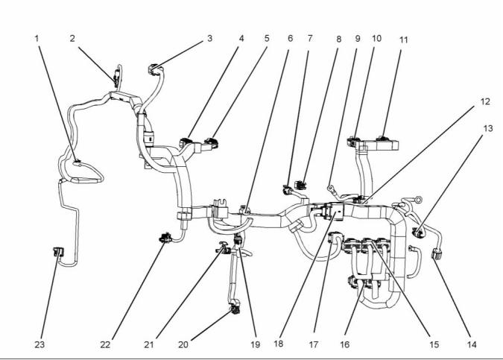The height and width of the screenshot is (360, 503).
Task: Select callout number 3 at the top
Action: pyautogui.click(x=210, y=37)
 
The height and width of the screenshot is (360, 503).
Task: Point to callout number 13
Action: pyautogui.click(x=487, y=127)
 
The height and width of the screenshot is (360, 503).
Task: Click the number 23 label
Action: pyautogui.click(x=39, y=344)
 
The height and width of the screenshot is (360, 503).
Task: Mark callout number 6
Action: pyautogui.click(x=290, y=37)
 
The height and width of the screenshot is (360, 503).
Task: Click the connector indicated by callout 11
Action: pyautogui.click(x=386, y=139)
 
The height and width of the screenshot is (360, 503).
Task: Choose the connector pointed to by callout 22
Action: pyautogui.click(x=165, y=239)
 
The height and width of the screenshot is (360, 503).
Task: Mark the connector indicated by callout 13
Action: pyautogui.click(x=420, y=232)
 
